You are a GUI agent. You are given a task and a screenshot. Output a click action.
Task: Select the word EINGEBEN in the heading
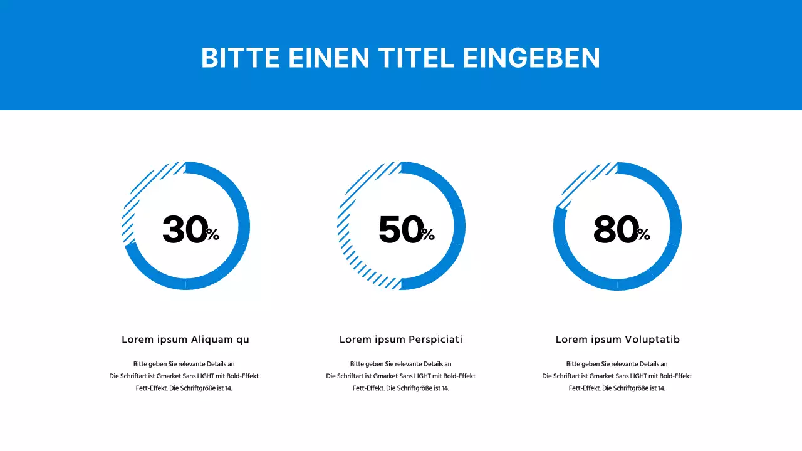tap(531, 58)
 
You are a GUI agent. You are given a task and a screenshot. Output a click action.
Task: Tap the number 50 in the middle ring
tap(400, 230)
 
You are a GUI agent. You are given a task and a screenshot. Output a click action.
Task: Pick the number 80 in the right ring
tap(615, 230)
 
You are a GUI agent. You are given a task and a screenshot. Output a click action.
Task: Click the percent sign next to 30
tap(213, 235)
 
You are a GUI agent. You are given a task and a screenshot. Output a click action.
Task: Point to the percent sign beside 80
tap(643, 235)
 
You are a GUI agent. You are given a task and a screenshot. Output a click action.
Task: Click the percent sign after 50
tap(428, 235)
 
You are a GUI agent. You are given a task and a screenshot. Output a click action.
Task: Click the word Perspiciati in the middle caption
tap(435, 340)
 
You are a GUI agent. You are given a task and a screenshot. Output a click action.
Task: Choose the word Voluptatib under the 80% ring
tap(652, 340)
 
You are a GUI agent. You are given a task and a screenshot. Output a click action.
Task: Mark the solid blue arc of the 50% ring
tap(459, 225)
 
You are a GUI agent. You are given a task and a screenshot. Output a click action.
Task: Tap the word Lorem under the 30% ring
tap(137, 340)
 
